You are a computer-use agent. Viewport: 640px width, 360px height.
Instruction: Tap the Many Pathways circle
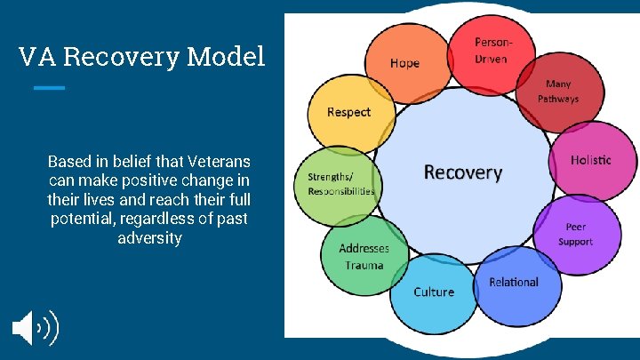(561, 92)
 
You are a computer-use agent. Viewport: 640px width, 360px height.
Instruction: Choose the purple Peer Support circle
(575, 235)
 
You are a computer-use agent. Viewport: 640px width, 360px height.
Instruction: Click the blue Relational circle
(514, 283)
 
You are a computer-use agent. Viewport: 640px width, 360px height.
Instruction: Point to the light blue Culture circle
(434, 292)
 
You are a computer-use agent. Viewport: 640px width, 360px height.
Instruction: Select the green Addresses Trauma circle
(362, 256)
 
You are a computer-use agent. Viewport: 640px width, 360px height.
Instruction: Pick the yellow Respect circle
(348, 112)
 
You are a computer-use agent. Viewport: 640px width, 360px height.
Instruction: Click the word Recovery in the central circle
(462, 172)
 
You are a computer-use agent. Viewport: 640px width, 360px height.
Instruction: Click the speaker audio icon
(35, 327)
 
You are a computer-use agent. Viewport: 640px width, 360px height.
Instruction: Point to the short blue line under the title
(49, 87)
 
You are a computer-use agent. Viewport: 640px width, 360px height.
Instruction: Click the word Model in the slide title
(227, 58)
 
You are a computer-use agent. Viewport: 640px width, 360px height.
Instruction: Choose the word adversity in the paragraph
(149, 237)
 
